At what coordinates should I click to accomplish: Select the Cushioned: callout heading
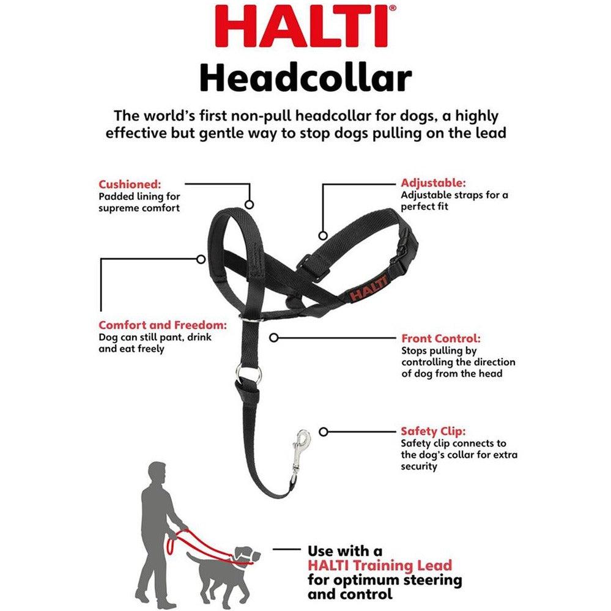click(x=130, y=183)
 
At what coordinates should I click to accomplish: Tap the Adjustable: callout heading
click(x=433, y=182)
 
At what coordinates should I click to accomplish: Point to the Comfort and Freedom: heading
click(x=163, y=325)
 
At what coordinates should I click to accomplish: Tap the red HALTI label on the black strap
click(x=368, y=287)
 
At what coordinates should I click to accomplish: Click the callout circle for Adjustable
click(x=323, y=235)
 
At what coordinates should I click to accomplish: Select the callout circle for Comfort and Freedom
click(x=201, y=259)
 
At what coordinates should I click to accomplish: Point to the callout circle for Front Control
click(x=274, y=337)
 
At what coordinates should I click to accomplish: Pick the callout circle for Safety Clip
click(x=324, y=431)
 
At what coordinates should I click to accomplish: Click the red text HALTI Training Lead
click(x=379, y=565)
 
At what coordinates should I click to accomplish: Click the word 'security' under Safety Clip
click(x=419, y=466)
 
